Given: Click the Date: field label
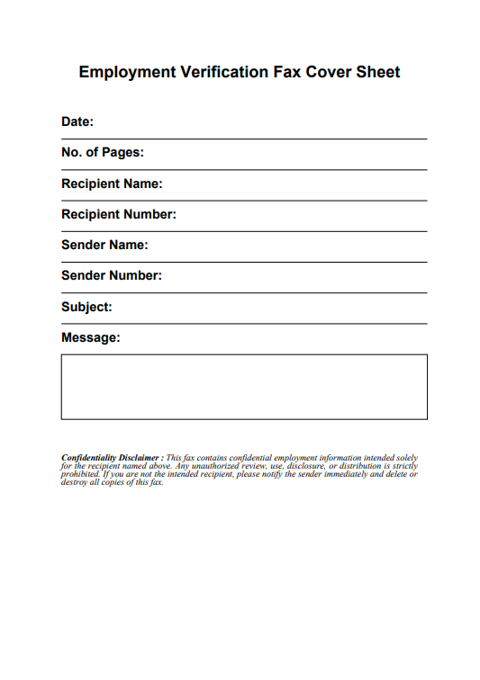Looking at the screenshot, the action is click(x=77, y=122).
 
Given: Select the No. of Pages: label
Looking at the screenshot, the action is click(x=103, y=153).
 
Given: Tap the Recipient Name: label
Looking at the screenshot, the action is click(x=112, y=183).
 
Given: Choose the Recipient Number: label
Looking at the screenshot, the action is click(x=119, y=214).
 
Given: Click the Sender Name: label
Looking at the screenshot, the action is click(x=104, y=245).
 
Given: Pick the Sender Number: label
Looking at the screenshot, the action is click(x=112, y=275).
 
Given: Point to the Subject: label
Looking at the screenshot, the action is click(x=86, y=307).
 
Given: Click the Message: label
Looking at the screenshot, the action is click(x=91, y=337).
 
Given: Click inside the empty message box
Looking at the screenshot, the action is click(x=244, y=387).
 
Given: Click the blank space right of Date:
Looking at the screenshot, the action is click(x=261, y=123).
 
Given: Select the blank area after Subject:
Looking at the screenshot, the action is click(x=270, y=308).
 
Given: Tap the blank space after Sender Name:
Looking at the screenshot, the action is click(x=288, y=246).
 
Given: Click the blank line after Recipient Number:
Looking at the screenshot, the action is click(x=302, y=215).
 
